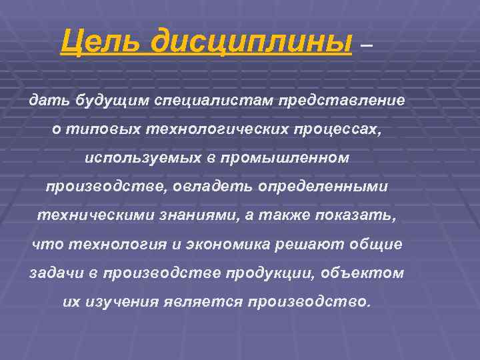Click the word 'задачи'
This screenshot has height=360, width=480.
point(54,273)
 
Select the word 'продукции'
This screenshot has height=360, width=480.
point(281,273)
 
